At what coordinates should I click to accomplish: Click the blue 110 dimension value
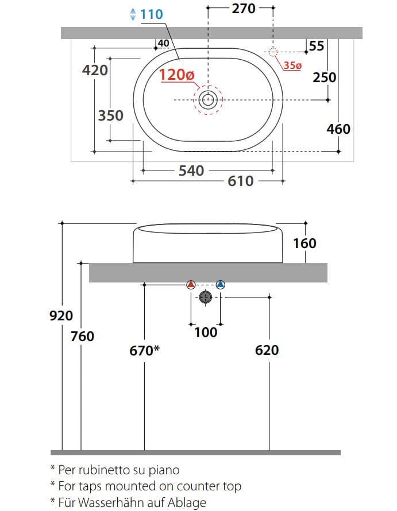[152, 14]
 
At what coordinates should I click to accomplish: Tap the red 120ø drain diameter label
[177, 75]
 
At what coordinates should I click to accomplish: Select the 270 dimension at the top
[244, 9]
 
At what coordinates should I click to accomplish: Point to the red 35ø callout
[292, 65]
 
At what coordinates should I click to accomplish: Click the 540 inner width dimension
[191, 171]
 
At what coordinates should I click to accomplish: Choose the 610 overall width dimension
[240, 181]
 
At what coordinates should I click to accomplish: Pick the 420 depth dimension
[95, 70]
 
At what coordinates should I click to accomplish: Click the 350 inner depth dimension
[110, 115]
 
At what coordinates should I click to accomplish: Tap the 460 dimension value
[338, 129]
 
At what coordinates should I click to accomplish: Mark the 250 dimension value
[324, 78]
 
